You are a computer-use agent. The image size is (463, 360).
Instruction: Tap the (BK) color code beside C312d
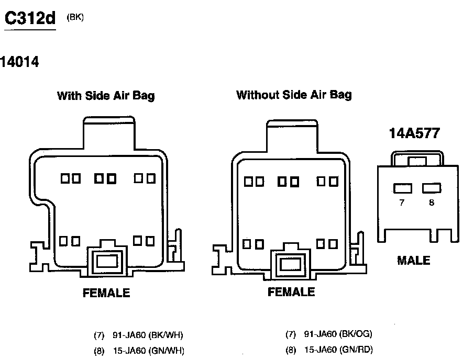click(75, 17)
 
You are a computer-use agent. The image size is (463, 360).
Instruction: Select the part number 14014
click(20, 62)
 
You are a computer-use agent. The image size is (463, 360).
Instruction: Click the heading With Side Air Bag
click(106, 96)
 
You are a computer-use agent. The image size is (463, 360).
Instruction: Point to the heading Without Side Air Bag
click(294, 95)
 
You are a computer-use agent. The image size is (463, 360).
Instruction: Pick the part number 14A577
click(414, 133)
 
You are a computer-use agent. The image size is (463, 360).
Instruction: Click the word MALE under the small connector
click(413, 260)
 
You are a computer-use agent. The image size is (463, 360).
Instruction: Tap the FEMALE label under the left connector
click(106, 292)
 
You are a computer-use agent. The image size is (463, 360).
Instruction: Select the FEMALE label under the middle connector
click(291, 292)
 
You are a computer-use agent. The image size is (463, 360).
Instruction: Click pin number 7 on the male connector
click(402, 203)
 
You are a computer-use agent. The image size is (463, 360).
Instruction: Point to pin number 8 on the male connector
click(432, 203)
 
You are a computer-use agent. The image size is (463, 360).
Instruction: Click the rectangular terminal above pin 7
click(402, 188)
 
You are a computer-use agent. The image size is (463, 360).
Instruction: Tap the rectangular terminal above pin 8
click(432, 188)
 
